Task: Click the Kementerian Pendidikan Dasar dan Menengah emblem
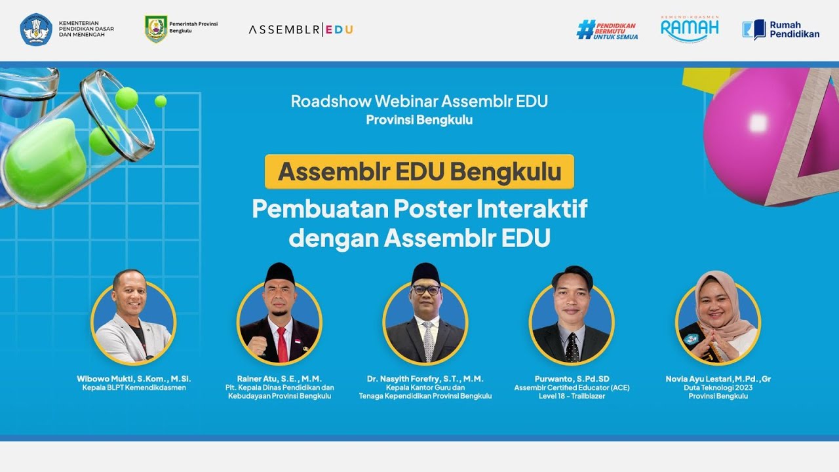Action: (35, 29)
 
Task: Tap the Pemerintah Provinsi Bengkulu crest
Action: (156, 29)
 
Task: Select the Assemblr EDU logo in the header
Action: (301, 29)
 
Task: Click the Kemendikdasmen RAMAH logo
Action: (690, 28)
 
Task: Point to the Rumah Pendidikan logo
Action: (781, 29)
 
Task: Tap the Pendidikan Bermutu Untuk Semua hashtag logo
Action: (607, 29)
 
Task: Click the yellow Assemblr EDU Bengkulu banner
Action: (419, 172)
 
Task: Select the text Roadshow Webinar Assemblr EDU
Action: (419, 101)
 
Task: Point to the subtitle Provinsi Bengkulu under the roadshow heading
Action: (419, 120)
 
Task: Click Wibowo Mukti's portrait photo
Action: (133, 321)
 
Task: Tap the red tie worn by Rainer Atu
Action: (282, 344)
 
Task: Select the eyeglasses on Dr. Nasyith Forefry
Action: (426, 289)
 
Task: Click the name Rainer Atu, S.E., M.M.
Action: (279, 379)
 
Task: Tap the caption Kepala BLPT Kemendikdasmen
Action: (134, 387)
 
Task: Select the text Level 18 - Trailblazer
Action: (572, 396)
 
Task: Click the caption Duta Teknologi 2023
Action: (718, 387)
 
